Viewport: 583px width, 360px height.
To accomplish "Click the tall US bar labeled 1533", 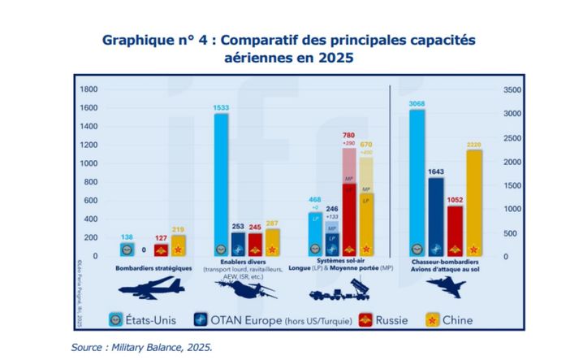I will (x=220, y=183).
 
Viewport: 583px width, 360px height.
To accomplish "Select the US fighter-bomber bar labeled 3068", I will (x=417, y=183).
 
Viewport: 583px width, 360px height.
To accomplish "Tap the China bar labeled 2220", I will (x=474, y=203).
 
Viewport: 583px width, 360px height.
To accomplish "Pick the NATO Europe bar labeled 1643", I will (x=436, y=215).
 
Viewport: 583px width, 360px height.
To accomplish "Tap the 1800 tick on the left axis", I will (x=88, y=89).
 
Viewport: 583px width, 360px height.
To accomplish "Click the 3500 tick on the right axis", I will (x=513, y=89).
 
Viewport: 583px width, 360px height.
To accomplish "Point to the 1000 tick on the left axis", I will (x=88, y=163).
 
